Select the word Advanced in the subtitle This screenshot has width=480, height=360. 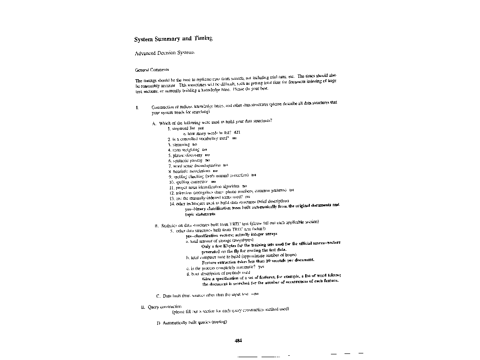pyautogui.click(x=145, y=53)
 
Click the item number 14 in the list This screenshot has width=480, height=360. pyautogui.click(x=172, y=204)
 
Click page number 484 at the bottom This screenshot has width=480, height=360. pyautogui.click(x=238, y=341)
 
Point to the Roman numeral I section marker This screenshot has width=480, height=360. pyautogui.click(x=136, y=107)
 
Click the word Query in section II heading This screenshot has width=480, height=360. pyautogui.click(x=153, y=307)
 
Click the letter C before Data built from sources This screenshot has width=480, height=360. pyautogui.click(x=158, y=296)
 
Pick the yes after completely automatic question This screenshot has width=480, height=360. pyautogui.click(x=261, y=267)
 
